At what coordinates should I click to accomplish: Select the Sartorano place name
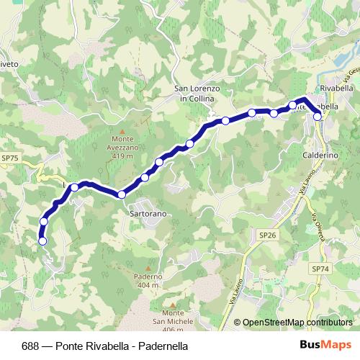pos(148,214)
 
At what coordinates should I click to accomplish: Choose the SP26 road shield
pos(267,235)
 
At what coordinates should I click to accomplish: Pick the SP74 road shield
pos(320,268)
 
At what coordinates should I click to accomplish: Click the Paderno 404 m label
pos(148,281)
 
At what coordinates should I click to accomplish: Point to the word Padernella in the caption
pos(163,346)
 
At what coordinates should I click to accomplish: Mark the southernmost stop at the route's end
pos(42,241)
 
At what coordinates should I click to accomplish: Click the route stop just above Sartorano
pos(122,194)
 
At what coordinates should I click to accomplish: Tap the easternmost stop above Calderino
pos(318,116)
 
